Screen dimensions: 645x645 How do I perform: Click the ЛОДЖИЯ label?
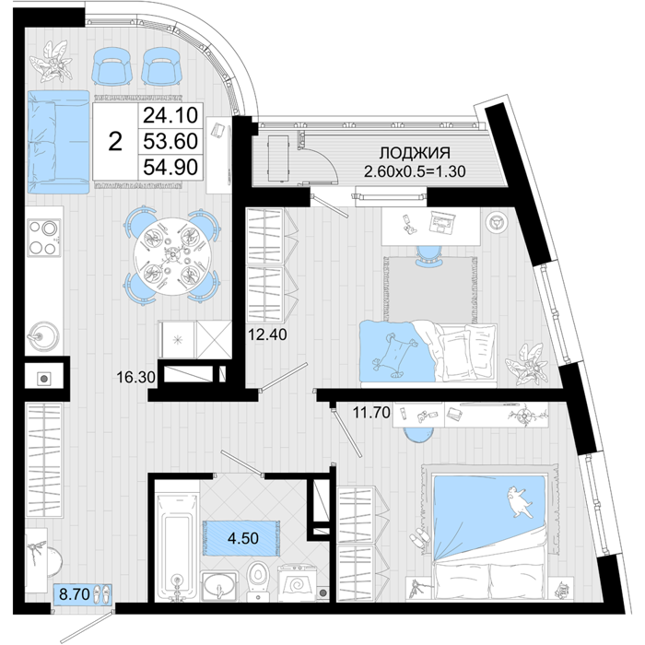pos(415,153)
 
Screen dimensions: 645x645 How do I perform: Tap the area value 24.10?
pos(170,115)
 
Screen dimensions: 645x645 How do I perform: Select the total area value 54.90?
pos(170,167)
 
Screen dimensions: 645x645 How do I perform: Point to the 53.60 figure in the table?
pos(170,141)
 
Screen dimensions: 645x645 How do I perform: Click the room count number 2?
pos(115,141)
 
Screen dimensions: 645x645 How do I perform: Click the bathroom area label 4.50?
pos(243,538)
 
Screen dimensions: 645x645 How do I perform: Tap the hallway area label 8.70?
pos(75,594)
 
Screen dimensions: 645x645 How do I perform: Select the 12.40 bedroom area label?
pos(267,334)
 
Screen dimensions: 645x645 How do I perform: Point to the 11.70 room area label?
pos(371,412)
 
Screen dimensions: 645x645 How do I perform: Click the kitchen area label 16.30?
pos(135,377)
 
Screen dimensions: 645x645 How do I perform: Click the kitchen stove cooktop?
pos(44,238)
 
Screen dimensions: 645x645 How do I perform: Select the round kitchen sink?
pos(42,335)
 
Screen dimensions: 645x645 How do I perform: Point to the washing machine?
pos(297,583)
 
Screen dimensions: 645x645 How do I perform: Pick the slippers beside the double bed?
pos(420,539)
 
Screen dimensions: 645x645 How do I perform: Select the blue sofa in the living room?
pos(58,142)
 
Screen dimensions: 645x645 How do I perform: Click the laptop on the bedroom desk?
pos(441,222)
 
